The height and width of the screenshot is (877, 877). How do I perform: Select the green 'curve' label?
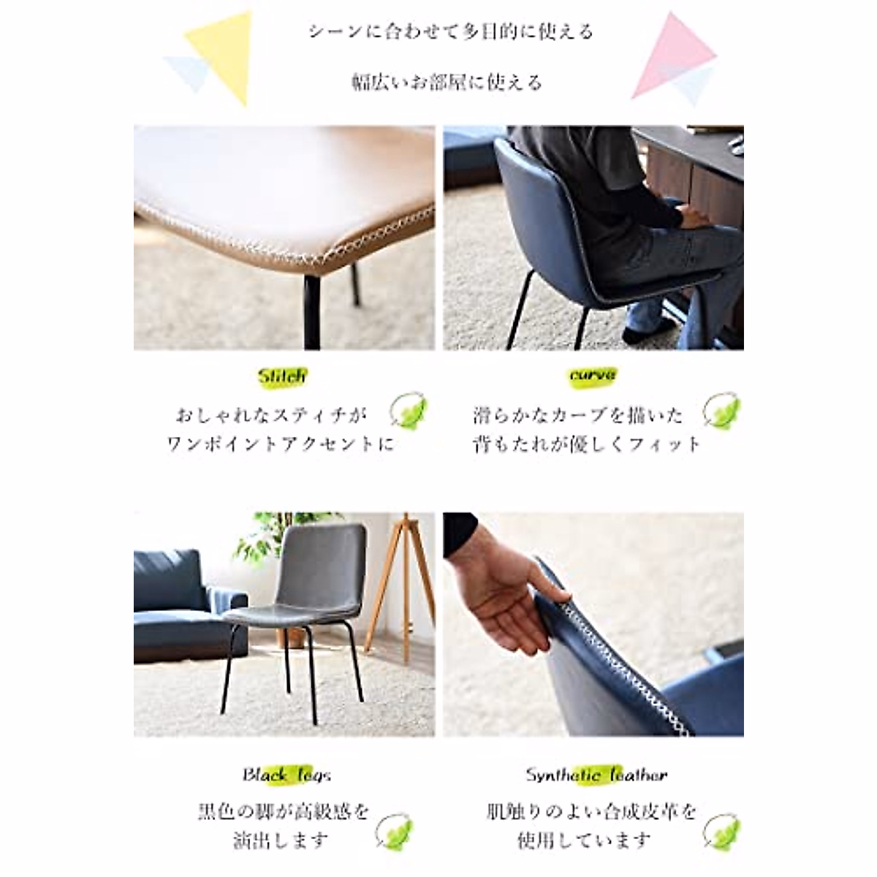click(593, 376)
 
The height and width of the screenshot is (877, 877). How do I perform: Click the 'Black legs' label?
click(286, 775)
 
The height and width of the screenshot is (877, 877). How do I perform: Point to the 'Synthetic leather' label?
click(596, 775)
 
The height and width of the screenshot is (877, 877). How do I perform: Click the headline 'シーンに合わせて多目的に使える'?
click(450, 32)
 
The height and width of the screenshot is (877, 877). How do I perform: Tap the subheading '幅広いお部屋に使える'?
click(447, 82)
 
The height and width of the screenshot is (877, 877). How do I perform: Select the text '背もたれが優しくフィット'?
click(587, 444)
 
